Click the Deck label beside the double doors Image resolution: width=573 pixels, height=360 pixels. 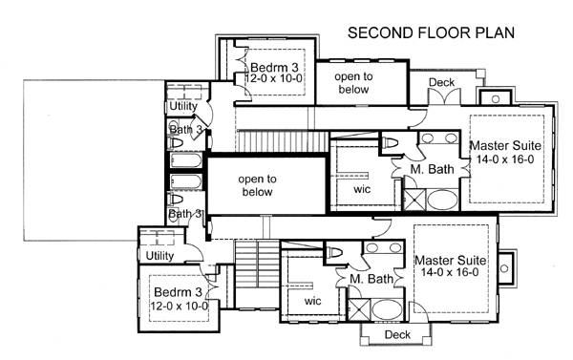441,82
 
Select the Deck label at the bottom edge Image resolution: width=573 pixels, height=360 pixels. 397,334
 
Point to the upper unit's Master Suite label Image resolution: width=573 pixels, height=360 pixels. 505,145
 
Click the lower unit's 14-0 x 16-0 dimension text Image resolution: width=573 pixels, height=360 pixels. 450,272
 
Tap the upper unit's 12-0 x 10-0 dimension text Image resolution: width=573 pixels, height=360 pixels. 273,78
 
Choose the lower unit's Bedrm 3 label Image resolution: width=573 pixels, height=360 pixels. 178,292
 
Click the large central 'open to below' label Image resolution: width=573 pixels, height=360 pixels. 257,185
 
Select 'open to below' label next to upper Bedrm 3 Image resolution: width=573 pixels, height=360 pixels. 353,83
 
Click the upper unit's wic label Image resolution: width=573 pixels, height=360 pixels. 362,189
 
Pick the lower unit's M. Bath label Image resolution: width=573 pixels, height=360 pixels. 371,279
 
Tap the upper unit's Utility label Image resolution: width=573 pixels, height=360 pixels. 183,106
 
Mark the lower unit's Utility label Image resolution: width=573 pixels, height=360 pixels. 159,256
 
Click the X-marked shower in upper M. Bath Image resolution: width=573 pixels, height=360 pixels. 414,200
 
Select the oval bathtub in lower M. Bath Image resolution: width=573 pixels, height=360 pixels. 387,309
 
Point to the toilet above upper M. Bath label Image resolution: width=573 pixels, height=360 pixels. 390,143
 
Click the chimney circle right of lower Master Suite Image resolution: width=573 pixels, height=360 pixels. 504,268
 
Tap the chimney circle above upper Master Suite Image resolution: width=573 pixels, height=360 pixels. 496,99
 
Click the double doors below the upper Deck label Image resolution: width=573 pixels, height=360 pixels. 444,96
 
